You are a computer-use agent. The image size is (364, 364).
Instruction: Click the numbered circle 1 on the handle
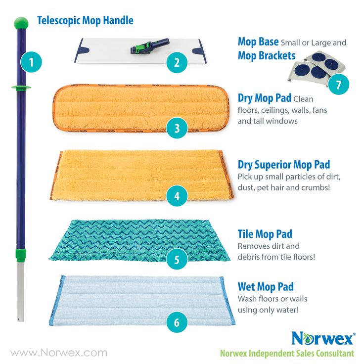tap(31, 63)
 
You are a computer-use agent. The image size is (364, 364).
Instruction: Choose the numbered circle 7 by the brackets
tap(338, 84)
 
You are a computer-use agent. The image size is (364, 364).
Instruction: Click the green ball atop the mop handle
tap(21, 23)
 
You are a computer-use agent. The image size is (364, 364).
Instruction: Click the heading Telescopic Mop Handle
tap(85, 21)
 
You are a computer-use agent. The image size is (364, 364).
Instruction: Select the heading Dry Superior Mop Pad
tap(283, 165)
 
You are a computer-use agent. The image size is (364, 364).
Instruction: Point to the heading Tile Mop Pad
tap(265, 234)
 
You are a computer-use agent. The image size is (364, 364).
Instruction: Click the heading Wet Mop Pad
tap(266, 287)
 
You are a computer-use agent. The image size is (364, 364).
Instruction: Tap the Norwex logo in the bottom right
tap(322, 338)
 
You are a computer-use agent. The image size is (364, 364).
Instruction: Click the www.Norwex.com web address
tap(59, 353)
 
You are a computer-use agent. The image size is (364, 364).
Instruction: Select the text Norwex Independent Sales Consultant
tap(287, 353)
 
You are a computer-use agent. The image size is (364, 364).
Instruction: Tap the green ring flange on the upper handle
tap(21, 88)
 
